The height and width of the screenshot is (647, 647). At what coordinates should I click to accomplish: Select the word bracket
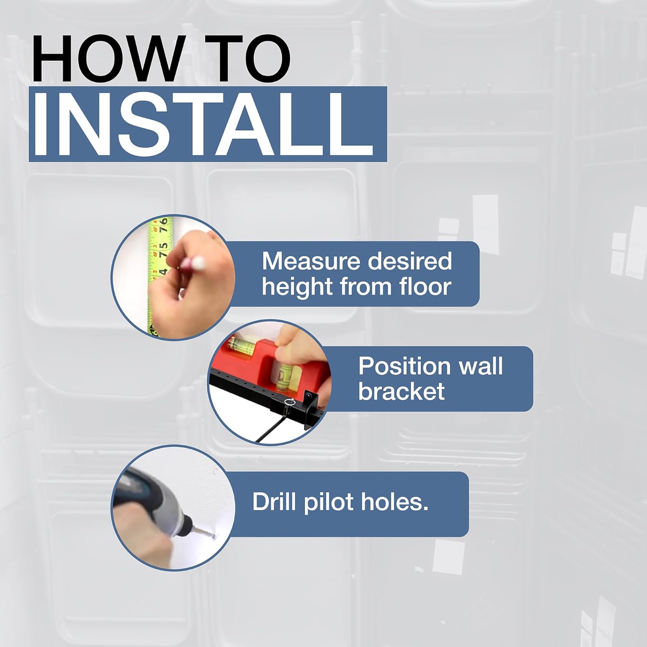coord(401,391)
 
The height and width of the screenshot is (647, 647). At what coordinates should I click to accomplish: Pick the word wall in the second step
coord(481,366)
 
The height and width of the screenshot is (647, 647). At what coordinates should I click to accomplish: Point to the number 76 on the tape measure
coord(163,226)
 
